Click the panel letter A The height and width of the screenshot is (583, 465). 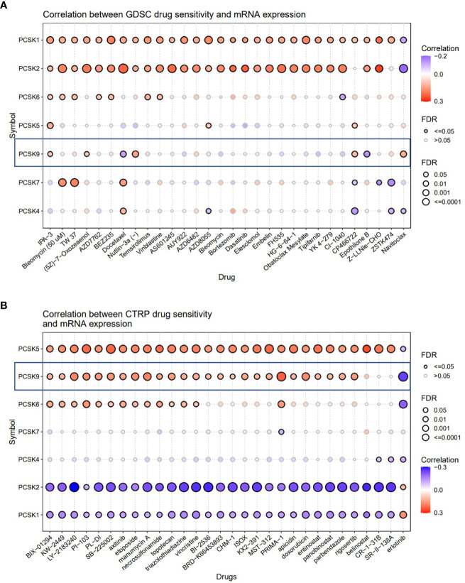pos(5,5)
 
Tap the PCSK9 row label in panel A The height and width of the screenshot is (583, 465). pos(26,153)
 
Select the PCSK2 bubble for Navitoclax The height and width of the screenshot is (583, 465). pos(404,68)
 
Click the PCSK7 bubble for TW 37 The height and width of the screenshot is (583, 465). pos(74,182)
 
